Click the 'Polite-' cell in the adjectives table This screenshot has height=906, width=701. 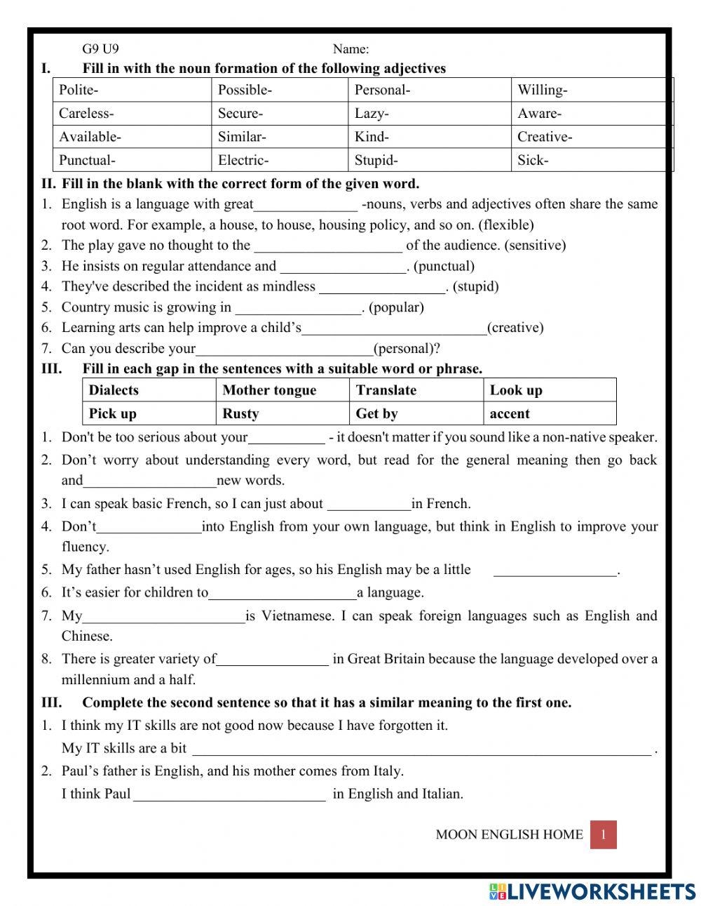(132, 90)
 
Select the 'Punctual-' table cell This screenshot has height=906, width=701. (132, 160)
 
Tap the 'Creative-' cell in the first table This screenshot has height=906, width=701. (592, 137)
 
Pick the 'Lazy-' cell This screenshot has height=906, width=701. (429, 114)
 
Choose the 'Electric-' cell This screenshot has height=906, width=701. (279, 160)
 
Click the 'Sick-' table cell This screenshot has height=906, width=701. (592, 160)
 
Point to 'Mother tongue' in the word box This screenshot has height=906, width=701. (282, 390)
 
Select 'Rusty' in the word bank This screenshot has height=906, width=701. (282, 413)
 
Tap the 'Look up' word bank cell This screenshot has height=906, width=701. (550, 390)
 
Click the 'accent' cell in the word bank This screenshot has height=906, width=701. (550, 413)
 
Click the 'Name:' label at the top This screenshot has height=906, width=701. (350, 49)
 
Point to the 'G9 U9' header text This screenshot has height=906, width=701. (100, 49)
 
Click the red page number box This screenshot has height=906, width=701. (603, 834)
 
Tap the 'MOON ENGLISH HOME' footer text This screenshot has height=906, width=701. (509, 834)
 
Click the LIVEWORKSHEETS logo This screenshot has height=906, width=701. (592, 891)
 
